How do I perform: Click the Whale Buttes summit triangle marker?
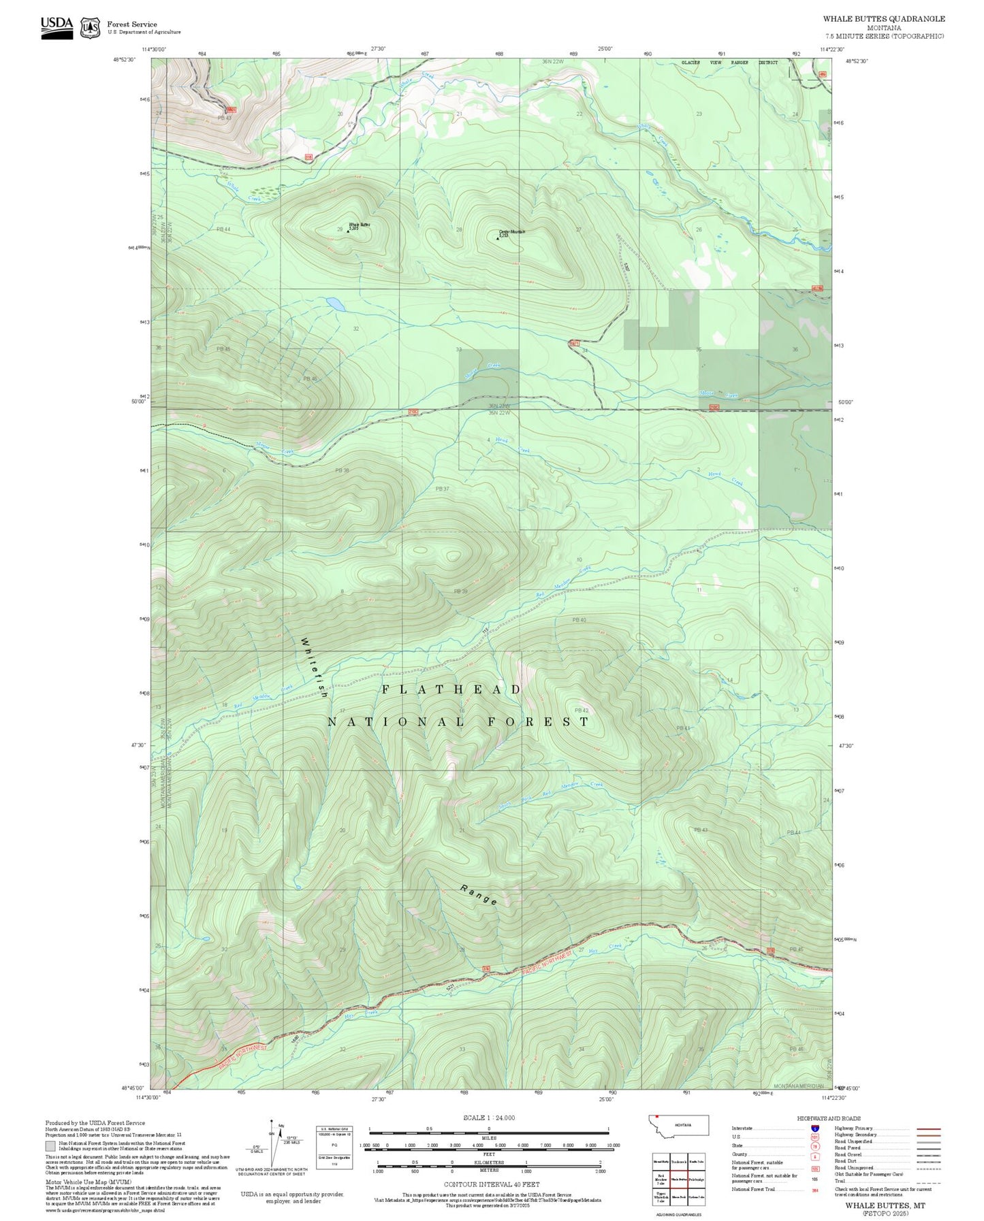point(348,231)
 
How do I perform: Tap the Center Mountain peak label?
point(512,232)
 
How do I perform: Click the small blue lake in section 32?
point(334,304)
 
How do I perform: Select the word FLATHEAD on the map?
point(451,689)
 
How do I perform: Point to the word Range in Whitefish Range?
point(479,895)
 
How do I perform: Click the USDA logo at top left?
point(57,27)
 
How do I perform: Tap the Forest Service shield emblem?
point(90,27)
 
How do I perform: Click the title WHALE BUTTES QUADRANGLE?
point(883,18)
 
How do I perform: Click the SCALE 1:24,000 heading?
point(489,1118)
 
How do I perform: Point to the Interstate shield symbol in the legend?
point(814,1128)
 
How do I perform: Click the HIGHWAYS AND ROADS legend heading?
point(829,1118)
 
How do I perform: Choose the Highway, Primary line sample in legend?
point(929,1128)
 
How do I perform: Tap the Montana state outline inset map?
point(678,1125)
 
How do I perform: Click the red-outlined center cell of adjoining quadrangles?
point(678,1179)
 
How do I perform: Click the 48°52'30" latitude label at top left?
point(124,59)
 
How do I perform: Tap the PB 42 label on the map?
point(581,711)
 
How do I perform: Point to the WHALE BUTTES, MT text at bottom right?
point(885,1205)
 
